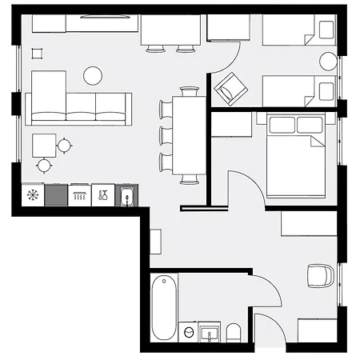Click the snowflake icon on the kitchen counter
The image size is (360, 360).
point(33,195)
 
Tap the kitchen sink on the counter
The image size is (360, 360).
point(126,195)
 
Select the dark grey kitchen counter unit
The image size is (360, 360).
point(56,195)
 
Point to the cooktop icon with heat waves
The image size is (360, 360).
point(79,195)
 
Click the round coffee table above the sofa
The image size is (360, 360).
point(93,76)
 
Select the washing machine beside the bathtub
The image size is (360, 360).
point(187,332)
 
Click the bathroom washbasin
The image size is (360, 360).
point(210,332)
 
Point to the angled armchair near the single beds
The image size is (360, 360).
point(228,88)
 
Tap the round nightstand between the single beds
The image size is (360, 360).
point(328,62)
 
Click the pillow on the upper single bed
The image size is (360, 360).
point(326,30)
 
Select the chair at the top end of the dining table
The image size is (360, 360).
point(190,91)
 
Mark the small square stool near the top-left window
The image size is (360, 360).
point(36,53)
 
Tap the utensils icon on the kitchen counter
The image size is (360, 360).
point(103,195)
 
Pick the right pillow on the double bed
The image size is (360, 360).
point(308,125)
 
